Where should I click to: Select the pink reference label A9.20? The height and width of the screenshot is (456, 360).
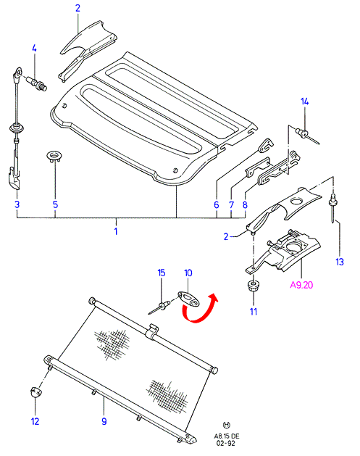coord(301,285)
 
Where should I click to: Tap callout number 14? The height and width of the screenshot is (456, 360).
coord(304,101)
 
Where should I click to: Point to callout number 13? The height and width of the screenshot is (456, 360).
coord(340,262)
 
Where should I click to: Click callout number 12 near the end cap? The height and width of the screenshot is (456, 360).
coord(35,421)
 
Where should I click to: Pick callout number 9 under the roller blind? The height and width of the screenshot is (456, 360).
coord(104,421)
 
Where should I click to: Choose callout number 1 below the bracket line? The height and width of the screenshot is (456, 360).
coord(116,231)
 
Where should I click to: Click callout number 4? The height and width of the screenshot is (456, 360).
coord(34,49)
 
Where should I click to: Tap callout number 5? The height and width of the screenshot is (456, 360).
coord(55,204)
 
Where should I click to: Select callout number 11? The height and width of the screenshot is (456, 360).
coord(254,312)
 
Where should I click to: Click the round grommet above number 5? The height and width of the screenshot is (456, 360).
coord(54,156)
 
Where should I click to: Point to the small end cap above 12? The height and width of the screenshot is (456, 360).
coord(35,391)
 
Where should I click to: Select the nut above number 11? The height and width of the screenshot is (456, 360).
coord(254,286)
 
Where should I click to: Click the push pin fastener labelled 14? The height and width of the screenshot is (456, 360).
coord(307,136)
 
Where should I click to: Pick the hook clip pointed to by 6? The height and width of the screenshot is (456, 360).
coord(266,146)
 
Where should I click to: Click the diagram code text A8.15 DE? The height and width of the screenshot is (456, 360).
coord(227,436)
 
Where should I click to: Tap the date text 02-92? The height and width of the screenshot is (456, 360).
coord(226,443)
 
